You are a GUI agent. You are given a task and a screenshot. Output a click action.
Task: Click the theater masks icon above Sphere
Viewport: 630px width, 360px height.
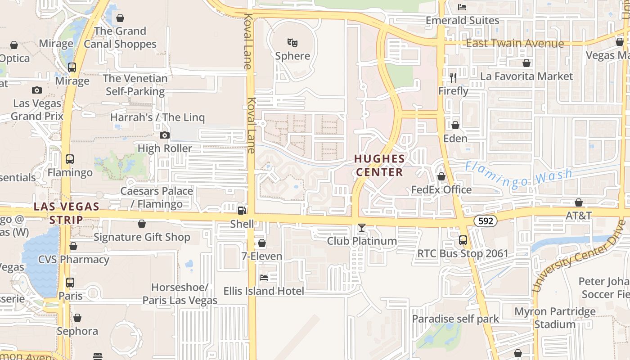292,43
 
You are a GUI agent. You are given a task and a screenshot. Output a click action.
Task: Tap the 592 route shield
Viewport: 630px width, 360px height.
485,221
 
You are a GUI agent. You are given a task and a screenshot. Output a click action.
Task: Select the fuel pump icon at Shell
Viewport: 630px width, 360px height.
242,210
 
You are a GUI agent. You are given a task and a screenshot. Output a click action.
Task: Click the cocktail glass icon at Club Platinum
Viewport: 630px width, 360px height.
361,228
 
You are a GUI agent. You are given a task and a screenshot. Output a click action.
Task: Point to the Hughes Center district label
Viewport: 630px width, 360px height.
379,165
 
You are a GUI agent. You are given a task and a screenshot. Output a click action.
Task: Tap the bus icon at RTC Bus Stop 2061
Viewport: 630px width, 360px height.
463,240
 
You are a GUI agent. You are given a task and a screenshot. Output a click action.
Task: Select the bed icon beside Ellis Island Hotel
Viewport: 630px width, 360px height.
264,278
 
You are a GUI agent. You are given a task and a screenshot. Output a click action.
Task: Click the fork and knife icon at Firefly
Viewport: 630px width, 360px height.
453,78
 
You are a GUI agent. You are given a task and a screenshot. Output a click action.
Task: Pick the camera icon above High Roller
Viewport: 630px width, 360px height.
165,135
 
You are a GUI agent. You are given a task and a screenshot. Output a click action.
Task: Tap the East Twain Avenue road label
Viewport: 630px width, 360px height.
515,43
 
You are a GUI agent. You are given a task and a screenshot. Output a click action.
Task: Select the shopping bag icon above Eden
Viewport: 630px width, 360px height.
455,125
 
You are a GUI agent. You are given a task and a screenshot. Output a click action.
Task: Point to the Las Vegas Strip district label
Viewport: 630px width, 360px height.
67,213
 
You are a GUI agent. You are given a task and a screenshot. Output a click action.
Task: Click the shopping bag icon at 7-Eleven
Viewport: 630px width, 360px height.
262,243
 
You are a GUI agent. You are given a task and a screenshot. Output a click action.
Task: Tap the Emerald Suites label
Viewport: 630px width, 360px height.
462,20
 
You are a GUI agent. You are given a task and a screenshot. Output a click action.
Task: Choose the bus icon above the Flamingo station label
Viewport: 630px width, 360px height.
69,159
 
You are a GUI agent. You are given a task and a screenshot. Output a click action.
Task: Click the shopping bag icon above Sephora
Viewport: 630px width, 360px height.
77,318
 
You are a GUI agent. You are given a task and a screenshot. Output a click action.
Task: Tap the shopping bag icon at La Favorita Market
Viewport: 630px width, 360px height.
526,63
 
